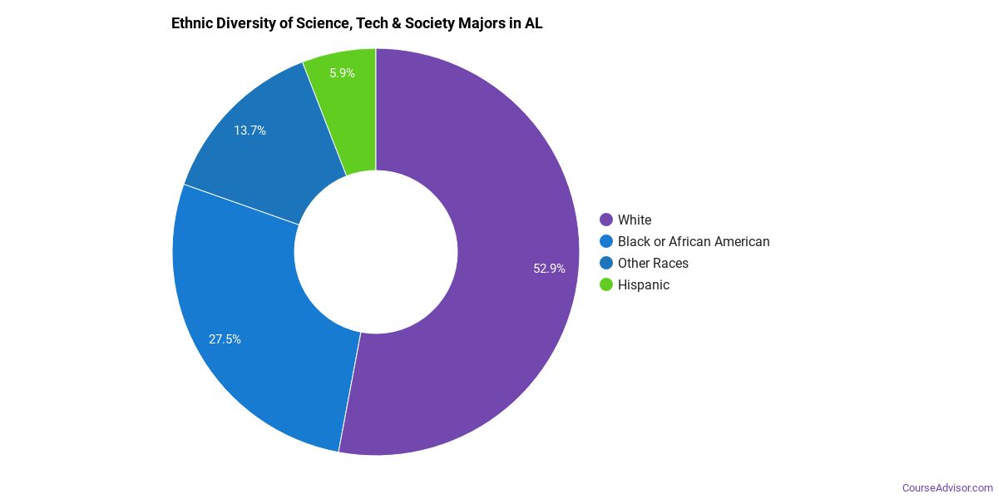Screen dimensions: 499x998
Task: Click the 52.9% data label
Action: [549, 269]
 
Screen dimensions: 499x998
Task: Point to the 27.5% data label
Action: [225, 339]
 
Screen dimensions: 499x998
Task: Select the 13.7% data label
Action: [249, 131]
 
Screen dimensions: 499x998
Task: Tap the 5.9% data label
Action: [342, 73]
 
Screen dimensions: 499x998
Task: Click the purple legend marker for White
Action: [606, 220]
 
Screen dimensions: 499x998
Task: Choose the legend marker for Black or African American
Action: [606, 241]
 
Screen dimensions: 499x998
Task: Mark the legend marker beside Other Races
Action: [606, 263]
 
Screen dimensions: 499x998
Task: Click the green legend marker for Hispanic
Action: [606, 284]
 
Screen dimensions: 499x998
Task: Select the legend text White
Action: [635, 220]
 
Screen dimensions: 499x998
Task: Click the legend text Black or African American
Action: [694, 241]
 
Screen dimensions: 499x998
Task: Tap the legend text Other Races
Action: [653, 263]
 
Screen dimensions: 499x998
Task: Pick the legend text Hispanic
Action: [644, 284]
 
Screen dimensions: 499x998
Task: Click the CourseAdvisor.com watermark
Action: [947, 487]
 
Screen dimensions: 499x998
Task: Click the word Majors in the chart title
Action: [482, 23]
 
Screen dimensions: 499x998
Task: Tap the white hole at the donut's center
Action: [376, 252]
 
